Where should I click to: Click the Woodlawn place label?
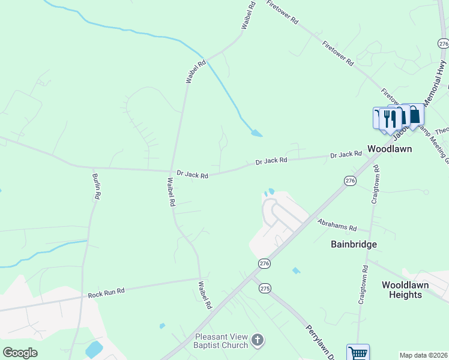click(x=390, y=149)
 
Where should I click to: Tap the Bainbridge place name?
click(x=354, y=244)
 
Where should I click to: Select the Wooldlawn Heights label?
click(x=405, y=289)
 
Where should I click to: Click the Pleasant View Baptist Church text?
click(x=221, y=341)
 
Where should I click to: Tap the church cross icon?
click(x=258, y=341)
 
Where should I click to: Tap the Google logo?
click(x=20, y=353)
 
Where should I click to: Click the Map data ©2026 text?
click(x=423, y=356)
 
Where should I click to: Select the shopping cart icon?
click(x=358, y=353)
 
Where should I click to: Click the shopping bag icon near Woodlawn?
click(x=414, y=116)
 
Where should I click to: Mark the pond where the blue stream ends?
click(x=256, y=133)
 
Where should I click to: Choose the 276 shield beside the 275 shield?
click(x=264, y=263)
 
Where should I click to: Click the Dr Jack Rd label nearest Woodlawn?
click(x=346, y=155)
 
